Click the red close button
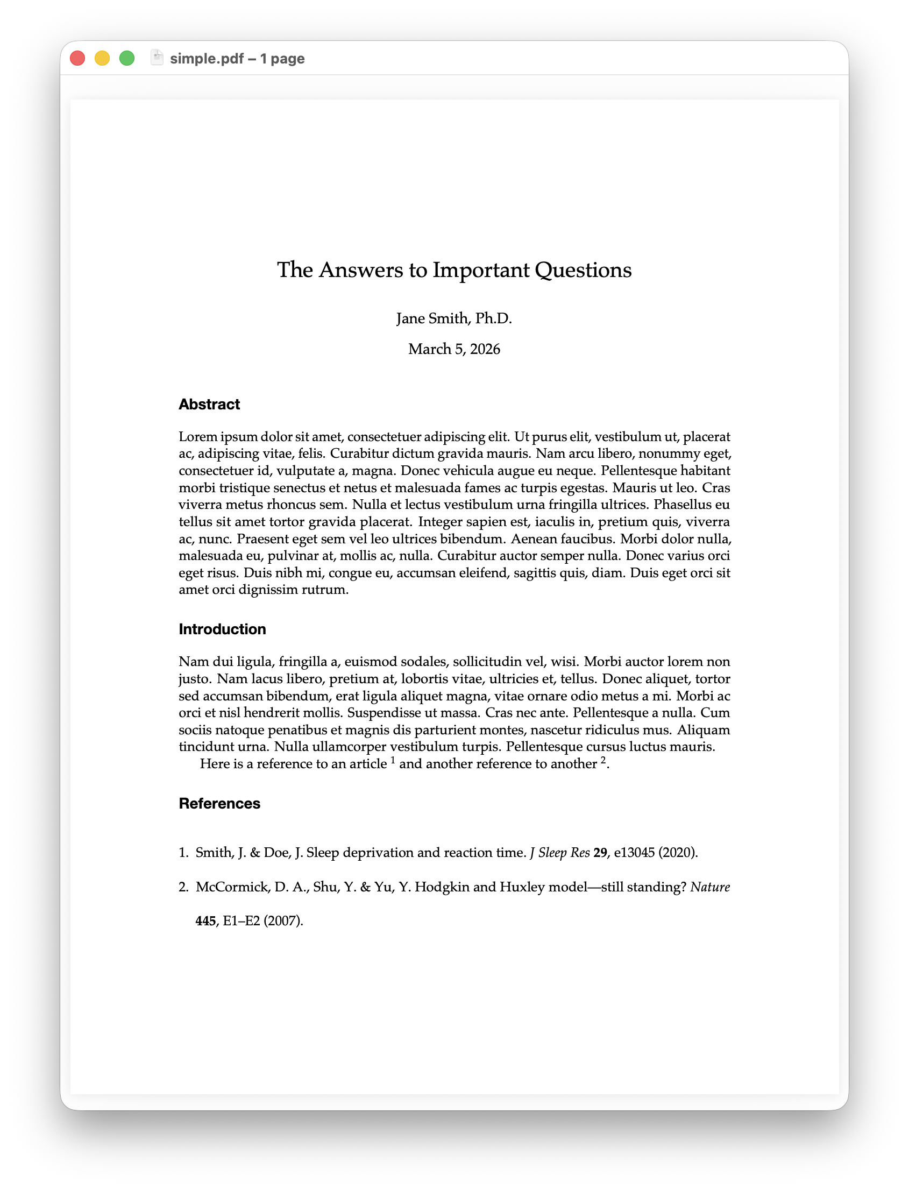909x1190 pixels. [x=77, y=59]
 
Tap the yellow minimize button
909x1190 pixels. [x=102, y=59]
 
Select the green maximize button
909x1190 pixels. [x=126, y=59]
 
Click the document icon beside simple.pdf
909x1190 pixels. [x=157, y=58]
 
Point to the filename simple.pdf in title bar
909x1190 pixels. [x=207, y=59]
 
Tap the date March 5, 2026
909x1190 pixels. [x=454, y=349]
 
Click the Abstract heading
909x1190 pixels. [x=209, y=404]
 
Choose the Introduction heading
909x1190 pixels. [x=222, y=629]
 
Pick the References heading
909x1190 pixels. [x=219, y=804]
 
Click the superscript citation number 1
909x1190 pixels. [x=393, y=760]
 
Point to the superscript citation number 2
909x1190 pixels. [x=603, y=760]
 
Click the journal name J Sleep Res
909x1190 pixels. [x=559, y=853]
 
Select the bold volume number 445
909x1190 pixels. [x=205, y=921]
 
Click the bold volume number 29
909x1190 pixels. [x=600, y=853]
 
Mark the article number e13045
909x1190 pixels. [x=634, y=853]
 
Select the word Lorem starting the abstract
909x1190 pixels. [x=196, y=437]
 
